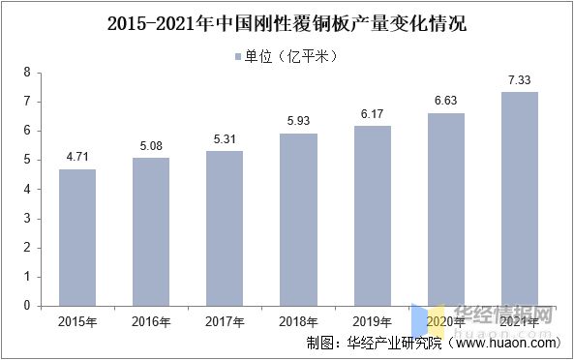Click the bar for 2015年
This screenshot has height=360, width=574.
(x=77, y=237)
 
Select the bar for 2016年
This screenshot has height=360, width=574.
(x=151, y=231)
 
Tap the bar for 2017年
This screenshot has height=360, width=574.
(x=226, y=228)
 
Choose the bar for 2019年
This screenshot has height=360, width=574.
(x=373, y=216)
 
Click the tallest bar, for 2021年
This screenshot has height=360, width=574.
(x=520, y=198)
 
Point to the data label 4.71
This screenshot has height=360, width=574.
(x=77, y=155)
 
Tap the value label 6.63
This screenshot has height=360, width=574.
(x=446, y=99)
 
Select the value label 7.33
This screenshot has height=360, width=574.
(x=520, y=77)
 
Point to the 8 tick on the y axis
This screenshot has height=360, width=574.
(x=27, y=73)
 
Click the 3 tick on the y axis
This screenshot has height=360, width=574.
(x=27, y=218)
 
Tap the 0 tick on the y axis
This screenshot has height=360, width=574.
(x=27, y=305)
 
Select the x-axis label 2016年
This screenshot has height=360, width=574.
(x=151, y=320)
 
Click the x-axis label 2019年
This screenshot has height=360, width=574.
(x=373, y=320)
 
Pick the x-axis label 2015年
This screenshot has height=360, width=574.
(x=77, y=320)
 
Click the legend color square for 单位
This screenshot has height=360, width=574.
(x=238, y=55)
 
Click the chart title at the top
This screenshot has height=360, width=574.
(x=287, y=20)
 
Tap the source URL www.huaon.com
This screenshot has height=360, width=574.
(x=506, y=343)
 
